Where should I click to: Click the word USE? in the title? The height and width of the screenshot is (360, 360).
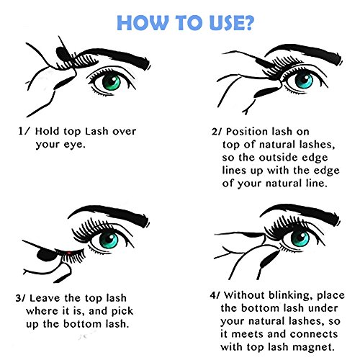click(x=231, y=23)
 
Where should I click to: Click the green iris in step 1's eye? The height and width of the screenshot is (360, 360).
click(x=112, y=81)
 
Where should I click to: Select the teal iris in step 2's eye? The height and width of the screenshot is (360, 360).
click(x=304, y=80)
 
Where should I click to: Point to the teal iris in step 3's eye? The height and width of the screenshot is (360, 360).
click(x=109, y=240)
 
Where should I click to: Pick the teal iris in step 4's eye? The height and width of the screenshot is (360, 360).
click(x=300, y=238)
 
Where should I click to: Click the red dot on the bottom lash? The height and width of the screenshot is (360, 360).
click(x=69, y=253)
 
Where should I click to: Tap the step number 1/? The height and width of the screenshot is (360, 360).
click(x=24, y=131)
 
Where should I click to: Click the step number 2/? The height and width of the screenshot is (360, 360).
click(x=217, y=132)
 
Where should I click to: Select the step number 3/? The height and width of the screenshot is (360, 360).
click(x=21, y=298)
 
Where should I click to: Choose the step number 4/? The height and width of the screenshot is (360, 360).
click(x=215, y=295)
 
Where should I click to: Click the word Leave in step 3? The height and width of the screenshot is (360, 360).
click(x=45, y=298)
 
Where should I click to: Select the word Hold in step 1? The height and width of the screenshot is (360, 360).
click(x=47, y=131)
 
